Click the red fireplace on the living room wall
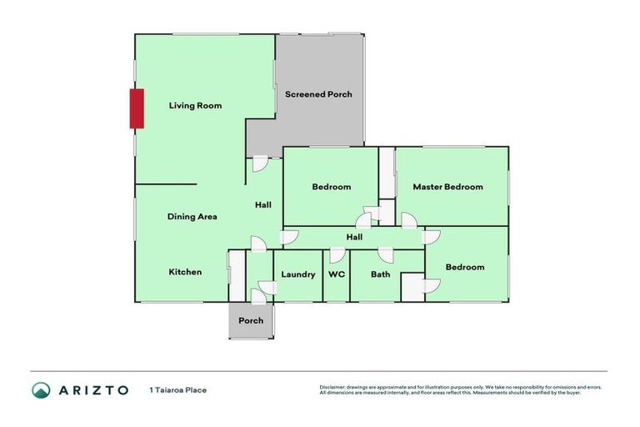coord(137,108)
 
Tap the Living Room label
coord(195,106)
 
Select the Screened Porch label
coord(318,94)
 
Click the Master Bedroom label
coord(447,187)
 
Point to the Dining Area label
coord(192,217)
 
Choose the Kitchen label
coord(185,272)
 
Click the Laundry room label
coord(297,274)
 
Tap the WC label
coord(337,274)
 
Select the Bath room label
coord(381,274)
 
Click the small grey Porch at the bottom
coord(251,321)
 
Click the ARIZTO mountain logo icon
coord(42,389)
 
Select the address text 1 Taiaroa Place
coord(177,389)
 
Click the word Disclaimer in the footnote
coord(333,387)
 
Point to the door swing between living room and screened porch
coord(260,163)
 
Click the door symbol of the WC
coord(337,255)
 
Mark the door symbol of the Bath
coord(385,255)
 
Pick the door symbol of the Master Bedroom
coord(409,220)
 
